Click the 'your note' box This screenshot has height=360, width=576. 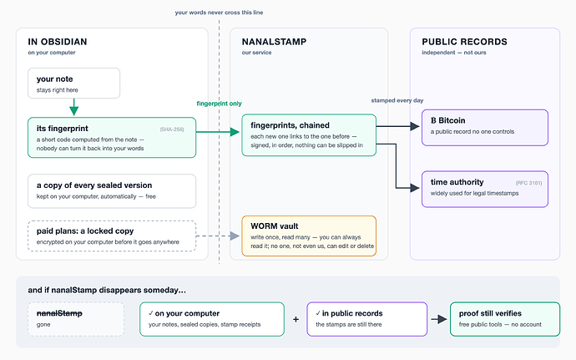pyautogui.click(x=73, y=83)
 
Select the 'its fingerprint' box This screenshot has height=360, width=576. pyautogui.click(x=112, y=138)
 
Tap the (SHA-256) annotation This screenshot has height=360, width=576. pyautogui.click(x=172, y=129)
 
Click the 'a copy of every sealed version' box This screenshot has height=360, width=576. pyautogui.click(x=112, y=191)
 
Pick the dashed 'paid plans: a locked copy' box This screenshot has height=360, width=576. pyautogui.click(x=112, y=236)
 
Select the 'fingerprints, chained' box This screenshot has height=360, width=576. pyautogui.click(x=309, y=135)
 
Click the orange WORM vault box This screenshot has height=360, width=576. pyautogui.click(x=309, y=236)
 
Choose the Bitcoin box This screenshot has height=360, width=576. pyautogui.click(x=485, y=128)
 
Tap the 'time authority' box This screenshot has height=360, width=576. pyautogui.click(x=485, y=189)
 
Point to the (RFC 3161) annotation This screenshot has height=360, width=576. pyautogui.click(x=528, y=183)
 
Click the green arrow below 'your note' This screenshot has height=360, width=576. pyautogui.click(x=73, y=108)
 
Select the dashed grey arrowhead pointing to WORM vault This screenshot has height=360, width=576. pyautogui.click(x=235, y=236)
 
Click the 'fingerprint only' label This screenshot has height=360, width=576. pyautogui.click(x=219, y=104)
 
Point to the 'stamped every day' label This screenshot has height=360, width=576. pyautogui.click(x=397, y=100)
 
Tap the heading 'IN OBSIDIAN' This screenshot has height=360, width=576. pyautogui.click(x=58, y=42)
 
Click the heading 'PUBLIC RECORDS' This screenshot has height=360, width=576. pyautogui.click(x=464, y=42)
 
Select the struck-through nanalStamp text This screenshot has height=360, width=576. pyautogui.click(x=59, y=313)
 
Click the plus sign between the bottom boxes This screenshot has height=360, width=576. pyautogui.click(x=296, y=319)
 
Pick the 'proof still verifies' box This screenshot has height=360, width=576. pyautogui.click(x=505, y=319)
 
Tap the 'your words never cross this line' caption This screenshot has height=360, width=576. pyautogui.click(x=219, y=13)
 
